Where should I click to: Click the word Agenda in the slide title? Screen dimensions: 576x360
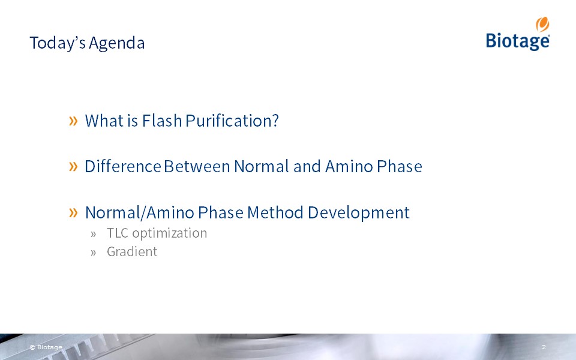pos(117,43)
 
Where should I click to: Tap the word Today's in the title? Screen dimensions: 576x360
pos(58,43)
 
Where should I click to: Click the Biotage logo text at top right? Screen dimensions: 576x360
pos(518,40)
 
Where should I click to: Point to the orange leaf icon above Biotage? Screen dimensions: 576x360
pos(542,24)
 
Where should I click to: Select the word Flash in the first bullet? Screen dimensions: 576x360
pos(162,121)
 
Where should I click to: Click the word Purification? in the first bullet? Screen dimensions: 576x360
pos(232,121)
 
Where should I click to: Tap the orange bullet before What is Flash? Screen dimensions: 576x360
pos(73,121)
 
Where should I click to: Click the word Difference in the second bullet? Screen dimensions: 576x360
pos(123,166)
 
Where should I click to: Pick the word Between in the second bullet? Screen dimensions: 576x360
pos(197,166)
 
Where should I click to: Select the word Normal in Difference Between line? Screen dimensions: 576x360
pos(262,166)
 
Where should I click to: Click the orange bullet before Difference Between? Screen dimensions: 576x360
pos(73,166)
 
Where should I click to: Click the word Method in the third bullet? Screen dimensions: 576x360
pos(275,212)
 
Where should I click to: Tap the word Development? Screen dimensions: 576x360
pos(359,213)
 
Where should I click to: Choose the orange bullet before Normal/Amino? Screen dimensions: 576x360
pos(73,212)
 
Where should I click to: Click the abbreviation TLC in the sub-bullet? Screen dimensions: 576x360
pos(118,233)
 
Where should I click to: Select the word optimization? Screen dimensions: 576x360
pos(170,233)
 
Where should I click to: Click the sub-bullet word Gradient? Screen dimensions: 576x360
pos(132,252)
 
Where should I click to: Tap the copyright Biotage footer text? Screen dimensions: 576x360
pos(46,347)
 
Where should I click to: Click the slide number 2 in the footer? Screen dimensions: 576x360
pos(544,347)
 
